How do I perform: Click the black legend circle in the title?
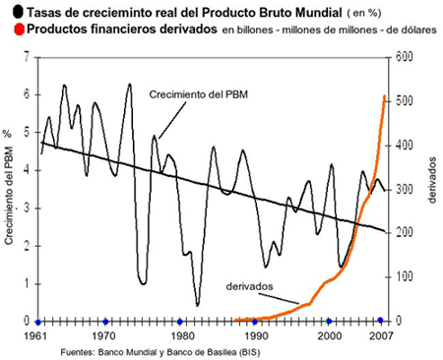[x=18, y=12]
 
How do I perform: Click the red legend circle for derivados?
[x=20, y=30]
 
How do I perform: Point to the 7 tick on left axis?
[x=27, y=57]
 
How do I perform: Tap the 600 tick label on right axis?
[x=404, y=57]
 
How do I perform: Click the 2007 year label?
[x=381, y=335]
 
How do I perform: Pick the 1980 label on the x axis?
[x=180, y=335]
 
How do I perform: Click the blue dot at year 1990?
[x=255, y=322]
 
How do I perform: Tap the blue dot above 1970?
[x=105, y=322]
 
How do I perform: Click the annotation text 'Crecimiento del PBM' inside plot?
[x=198, y=94]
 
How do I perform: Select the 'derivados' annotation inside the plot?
[x=249, y=286]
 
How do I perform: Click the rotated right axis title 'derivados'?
[x=432, y=180]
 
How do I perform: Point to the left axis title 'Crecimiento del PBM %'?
[x=8, y=187]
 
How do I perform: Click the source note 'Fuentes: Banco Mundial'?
[x=109, y=352]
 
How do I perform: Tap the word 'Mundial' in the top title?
[x=319, y=13]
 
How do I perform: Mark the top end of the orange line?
[x=385, y=95]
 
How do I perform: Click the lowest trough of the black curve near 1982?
[x=197, y=306]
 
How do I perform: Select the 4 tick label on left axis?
[x=27, y=170]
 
